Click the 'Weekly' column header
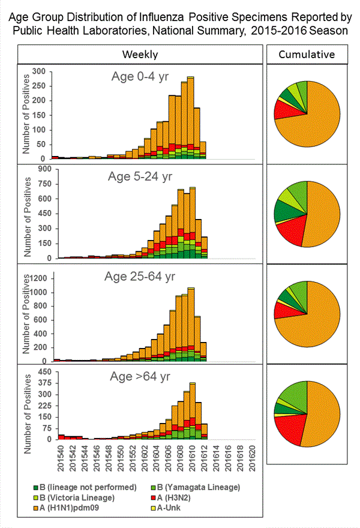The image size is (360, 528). pyautogui.click(x=140, y=55)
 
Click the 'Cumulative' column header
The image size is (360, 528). pyautogui.click(x=307, y=55)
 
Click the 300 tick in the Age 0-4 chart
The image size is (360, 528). pyautogui.click(x=39, y=71)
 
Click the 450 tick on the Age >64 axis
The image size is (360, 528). pyautogui.click(x=39, y=372)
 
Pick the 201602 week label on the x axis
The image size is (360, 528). pyautogui.click(x=146, y=457)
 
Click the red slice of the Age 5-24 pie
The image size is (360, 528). pyautogui.click(x=290, y=231)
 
